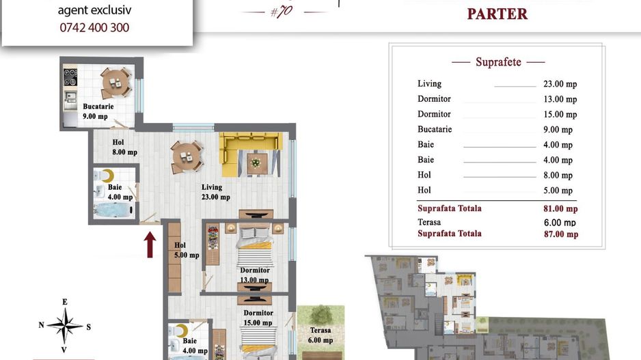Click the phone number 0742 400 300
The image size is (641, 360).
(x=94, y=27)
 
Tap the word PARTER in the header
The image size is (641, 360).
(x=497, y=14)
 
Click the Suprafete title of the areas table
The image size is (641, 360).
(x=498, y=62)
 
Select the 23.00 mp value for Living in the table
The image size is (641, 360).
(x=560, y=84)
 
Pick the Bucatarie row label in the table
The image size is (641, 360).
(x=435, y=129)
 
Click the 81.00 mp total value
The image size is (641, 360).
(x=560, y=209)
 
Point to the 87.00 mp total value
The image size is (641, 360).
(x=561, y=234)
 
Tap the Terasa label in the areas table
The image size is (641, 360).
(x=429, y=222)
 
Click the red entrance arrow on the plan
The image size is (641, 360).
(x=150, y=245)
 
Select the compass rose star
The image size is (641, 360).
(x=65, y=326)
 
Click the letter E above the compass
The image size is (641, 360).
(x=65, y=302)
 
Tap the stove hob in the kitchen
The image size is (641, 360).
(x=70, y=77)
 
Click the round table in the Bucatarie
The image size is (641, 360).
(x=116, y=83)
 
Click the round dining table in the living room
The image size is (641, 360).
(x=187, y=156)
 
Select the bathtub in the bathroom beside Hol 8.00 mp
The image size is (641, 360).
(x=114, y=210)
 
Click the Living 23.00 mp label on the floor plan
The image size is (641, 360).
(x=215, y=192)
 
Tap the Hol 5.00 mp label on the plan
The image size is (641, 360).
(x=187, y=250)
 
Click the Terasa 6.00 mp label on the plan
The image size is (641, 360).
(x=320, y=335)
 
